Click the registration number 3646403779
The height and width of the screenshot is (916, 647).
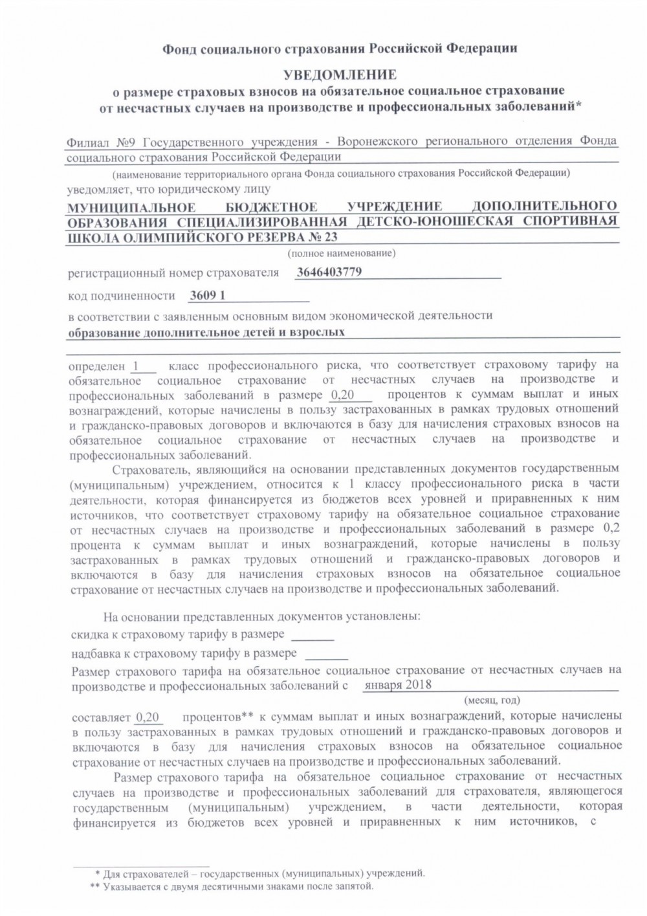click(x=329, y=272)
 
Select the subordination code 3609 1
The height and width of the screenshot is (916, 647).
click(x=208, y=295)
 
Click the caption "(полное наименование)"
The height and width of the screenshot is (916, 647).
click(x=342, y=252)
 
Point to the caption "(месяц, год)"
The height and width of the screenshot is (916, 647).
click(x=492, y=700)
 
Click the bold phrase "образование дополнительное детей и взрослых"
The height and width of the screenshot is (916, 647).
click(x=206, y=332)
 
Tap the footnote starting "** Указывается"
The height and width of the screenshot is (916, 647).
click(x=231, y=886)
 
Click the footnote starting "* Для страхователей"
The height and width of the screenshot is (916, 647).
click(x=259, y=873)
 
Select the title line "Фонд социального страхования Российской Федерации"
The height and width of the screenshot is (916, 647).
click(x=339, y=48)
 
